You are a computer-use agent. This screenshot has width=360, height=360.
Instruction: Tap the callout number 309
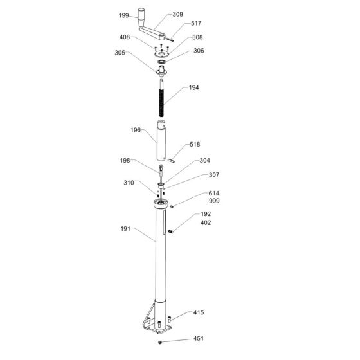[x=178, y=14]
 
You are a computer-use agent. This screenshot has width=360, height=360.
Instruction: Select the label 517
[x=197, y=24]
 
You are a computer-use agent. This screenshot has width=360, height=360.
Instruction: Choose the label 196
[x=135, y=130]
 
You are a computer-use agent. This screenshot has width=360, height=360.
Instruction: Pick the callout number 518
[x=195, y=146]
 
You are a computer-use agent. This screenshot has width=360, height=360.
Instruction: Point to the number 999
[x=195, y=201]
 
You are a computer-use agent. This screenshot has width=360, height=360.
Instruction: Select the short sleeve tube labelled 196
[x=161, y=141]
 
